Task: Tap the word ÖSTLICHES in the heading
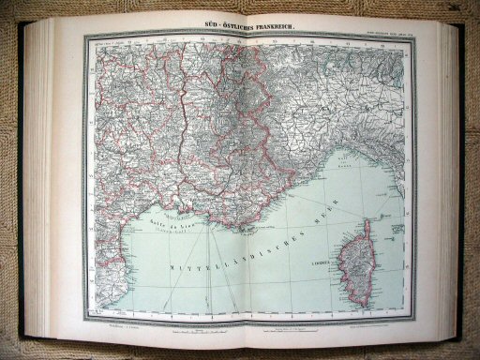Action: (x=233, y=22)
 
